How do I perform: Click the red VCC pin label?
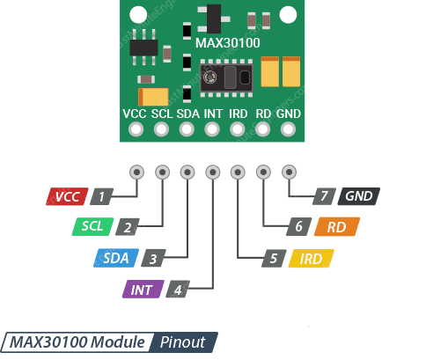point(68,196)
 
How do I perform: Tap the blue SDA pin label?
point(116,258)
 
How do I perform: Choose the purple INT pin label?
point(142,289)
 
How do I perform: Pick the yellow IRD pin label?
point(312,258)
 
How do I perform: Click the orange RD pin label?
point(335,226)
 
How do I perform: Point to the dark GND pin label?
point(359,196)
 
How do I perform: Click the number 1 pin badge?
point(104,196)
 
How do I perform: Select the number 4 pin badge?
point(178,289)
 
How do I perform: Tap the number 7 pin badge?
point(323,196)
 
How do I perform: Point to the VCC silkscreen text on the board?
point(135,114)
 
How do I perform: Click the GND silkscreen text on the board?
point(288,114)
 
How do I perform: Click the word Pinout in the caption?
point(183,342)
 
